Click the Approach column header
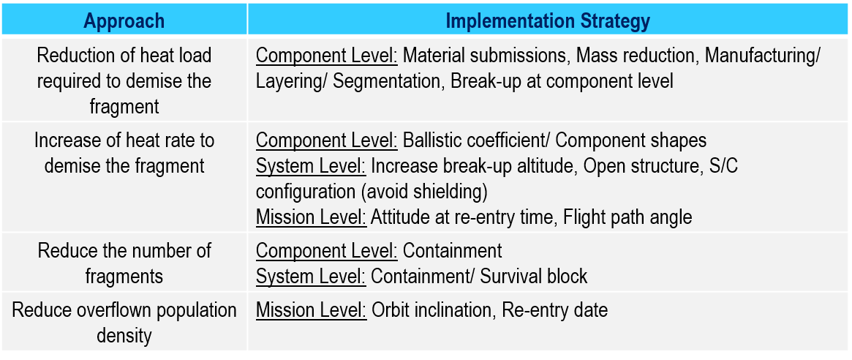point(124,20)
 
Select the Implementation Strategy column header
point(548,20)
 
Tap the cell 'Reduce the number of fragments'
point(124,263)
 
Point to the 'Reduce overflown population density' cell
point(124,323)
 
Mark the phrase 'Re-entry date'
point(554,310)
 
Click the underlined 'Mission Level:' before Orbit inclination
point(311,310)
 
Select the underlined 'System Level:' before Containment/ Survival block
point(311,276)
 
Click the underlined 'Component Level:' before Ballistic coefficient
point(327,140)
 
